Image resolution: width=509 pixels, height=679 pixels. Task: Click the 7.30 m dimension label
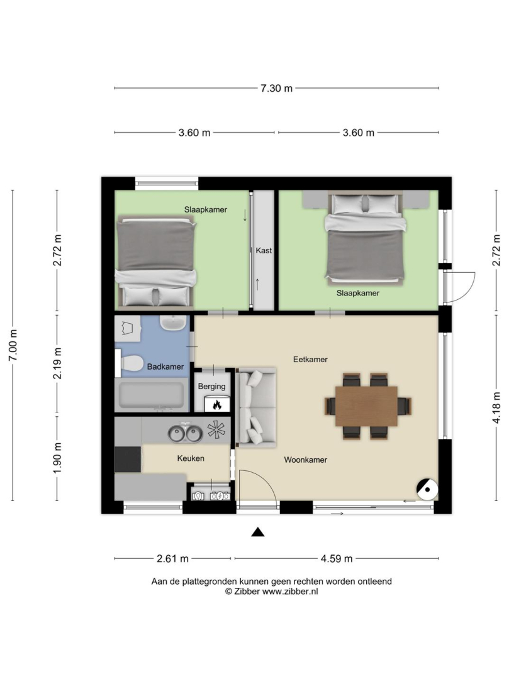pyautogui.click(x=276, y=89)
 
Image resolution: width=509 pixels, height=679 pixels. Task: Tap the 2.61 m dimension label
pyautogui.click(x=172, y=559)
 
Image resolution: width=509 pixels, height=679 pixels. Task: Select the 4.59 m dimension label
pyautogui.click(x=337, y=559)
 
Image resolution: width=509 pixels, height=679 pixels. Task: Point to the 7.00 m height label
pyautogui.click(x=13, y=345)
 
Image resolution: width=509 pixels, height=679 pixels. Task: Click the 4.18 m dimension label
pyautogui.click(x=496, y=407)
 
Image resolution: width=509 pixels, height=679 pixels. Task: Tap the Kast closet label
pyautogui.click(x=264, y=250)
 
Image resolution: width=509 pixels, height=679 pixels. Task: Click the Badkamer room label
pyautogui.click(x=165, y=367)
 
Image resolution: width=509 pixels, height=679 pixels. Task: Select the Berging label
pyautogui.click(x=212, y=386)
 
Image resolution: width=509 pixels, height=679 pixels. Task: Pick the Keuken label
pyautogui.click(x=191, y=458)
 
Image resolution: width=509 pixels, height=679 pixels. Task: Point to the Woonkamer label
pyautogui.click(x=305, y=460)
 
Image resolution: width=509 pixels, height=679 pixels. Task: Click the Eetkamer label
pyautogui.click(x=310, y=360)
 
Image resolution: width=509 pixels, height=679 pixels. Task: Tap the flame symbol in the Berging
pyautogui.click(x=217, y=404)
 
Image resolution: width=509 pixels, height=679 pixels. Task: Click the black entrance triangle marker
pyautogui.click(x=258, y=533)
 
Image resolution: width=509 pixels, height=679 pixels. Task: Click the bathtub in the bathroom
pyautogui.click(x=152, y=395)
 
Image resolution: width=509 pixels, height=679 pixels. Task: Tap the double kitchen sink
pyautogui.click(x=186, y=433)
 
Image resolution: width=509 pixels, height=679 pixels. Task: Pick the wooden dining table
pyautogui.click(x=366, y=406)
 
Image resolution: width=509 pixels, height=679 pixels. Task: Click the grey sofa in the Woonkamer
pyautogui.click(x=257, y=407)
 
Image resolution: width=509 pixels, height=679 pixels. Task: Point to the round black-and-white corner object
pyautogui.click(x=427, y=489)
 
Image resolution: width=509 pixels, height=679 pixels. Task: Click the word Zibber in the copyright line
pyautogui.click(x=247, y=592)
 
